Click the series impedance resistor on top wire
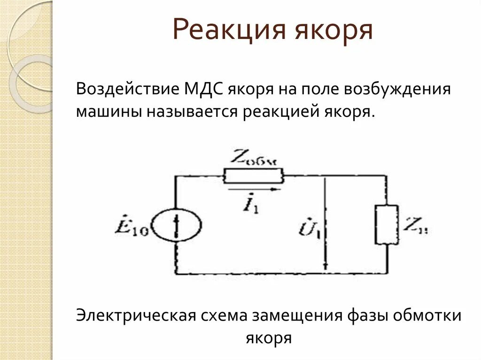[x=253, y=176]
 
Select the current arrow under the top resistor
[x=254, y=190]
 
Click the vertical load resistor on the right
[x=386, y=224]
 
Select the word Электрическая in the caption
[x=135, y=315]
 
